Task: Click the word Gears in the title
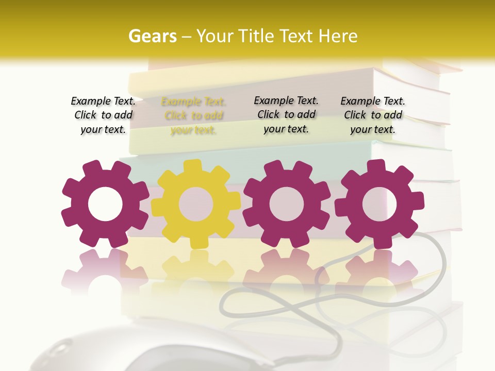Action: pyautogui.click(x=152, y=36)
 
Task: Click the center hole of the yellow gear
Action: pyautogui.click(x=195, y=204)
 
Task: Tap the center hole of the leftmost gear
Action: pyautogui.click(x=105, y=204)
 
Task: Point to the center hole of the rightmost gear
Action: pyautogui.click(x=379, y=204)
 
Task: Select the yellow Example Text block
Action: pyautogui.click(x=193, y=116)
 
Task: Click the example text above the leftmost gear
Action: pyautogui.click(x=103, y=115)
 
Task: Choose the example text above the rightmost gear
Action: pyautogui.click(x=373, y=115)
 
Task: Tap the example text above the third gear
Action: pyautogui.click(x=286, y=115)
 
